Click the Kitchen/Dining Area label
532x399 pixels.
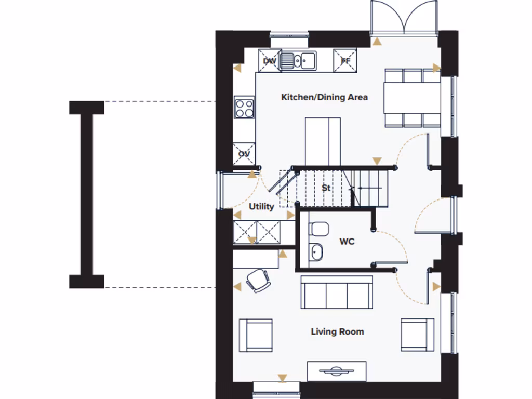pyautogui.click(x=324, y=97)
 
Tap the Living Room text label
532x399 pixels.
pyautogui.click(x=337, y=331)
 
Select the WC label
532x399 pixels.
pyautogui.click(x=347, y=242)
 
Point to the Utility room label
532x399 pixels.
pyautogui.click(x=261, y=207)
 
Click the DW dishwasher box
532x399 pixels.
pyautogui.click(x=269, y=61)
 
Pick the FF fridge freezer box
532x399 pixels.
pyautogui.click(x=345, y=61)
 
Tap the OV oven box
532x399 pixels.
pyautogui.click(x=244, y=154)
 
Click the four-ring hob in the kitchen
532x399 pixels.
pyautogui.click(x=244, y=108)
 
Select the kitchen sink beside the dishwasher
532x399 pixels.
pyautogui.click(x=300, y=61)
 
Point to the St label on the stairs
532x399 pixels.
pyautogui.click(x=326, y=188)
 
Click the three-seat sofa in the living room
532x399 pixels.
pyautogui.click(x=337, y=292)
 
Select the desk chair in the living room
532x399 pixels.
pyautogui.click(x=258, y=281)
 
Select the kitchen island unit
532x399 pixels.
pyautogui.click(x=323, y=141)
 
